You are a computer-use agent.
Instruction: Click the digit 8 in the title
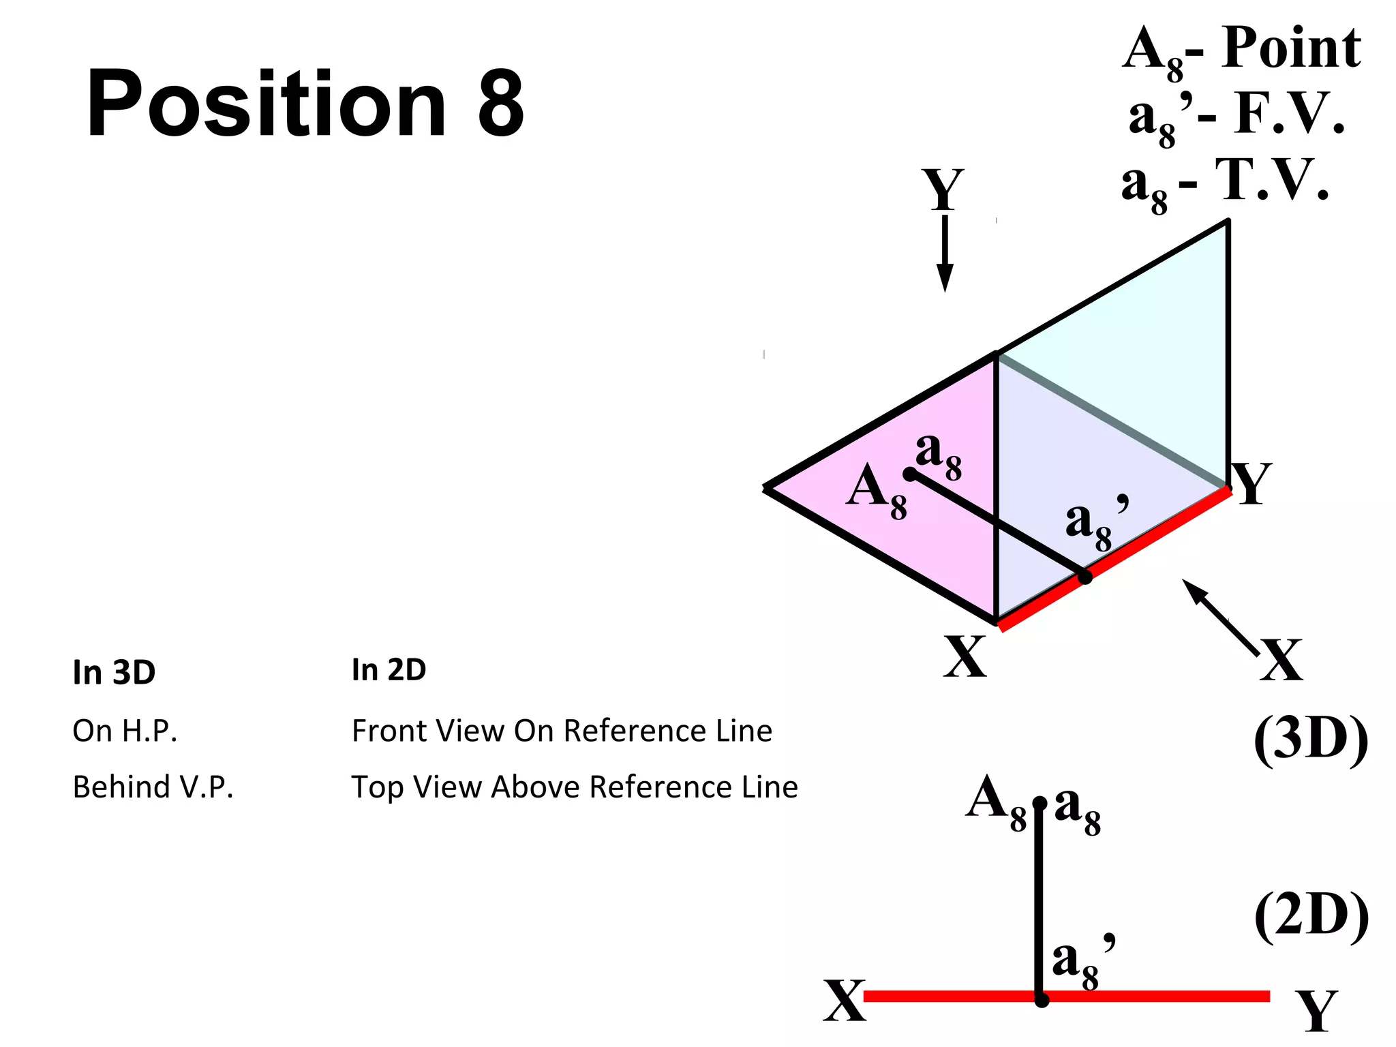[x=501, y=104]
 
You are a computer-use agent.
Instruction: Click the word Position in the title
[x=266, y=104]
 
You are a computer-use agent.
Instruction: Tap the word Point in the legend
[x=1291, y=49]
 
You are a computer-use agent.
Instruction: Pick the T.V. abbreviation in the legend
[x=1273, y=181]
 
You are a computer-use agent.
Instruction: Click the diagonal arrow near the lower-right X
[x=1219, y=617]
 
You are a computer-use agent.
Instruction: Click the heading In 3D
[x=114, y=673]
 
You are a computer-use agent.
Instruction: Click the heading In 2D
[x=389, y=670]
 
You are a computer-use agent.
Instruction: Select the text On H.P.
[x=125, y=731]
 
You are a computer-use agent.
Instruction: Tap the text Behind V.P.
[x=153, y=787]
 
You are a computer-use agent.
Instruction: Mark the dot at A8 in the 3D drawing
[x=910, y=474]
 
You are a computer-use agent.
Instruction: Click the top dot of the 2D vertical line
[x=1040, y=804]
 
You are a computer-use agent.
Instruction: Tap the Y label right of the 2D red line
[x=1317, y=1010]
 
